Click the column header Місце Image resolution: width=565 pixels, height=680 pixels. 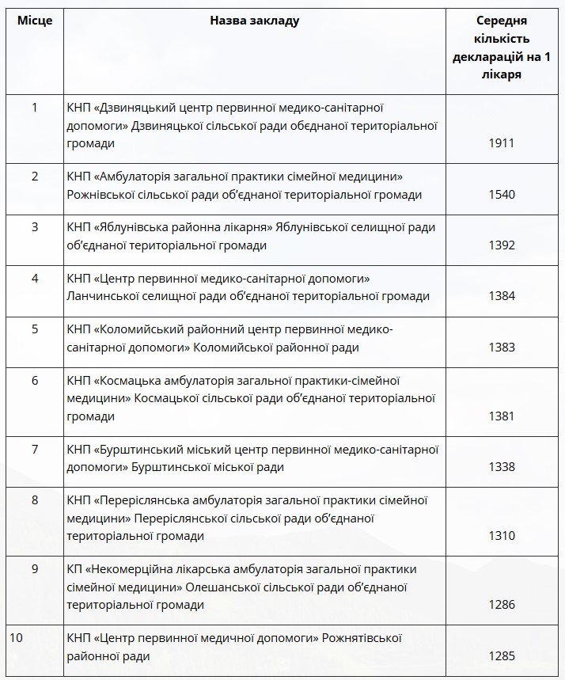point(35,21)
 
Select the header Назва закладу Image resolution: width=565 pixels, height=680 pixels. point(255,21)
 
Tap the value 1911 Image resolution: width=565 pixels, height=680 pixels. point(502,143)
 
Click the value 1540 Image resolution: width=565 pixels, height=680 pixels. point(502,195)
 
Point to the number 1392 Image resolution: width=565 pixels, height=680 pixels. point(502,245)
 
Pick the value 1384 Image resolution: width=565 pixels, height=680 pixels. point(502,296)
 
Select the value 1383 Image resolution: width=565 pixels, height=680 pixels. point(502,347)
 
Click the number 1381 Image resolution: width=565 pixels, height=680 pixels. point(502,416)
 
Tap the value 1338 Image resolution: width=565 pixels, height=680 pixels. point(502,467)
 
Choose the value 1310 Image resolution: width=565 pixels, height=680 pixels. point(502,536)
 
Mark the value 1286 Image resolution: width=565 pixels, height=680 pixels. point(502,605)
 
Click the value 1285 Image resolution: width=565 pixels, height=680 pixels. point(502,655)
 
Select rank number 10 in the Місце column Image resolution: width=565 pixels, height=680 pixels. point(16,637)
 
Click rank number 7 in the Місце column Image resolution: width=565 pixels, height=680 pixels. point(35,450)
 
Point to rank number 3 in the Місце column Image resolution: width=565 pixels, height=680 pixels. point(35,227)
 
